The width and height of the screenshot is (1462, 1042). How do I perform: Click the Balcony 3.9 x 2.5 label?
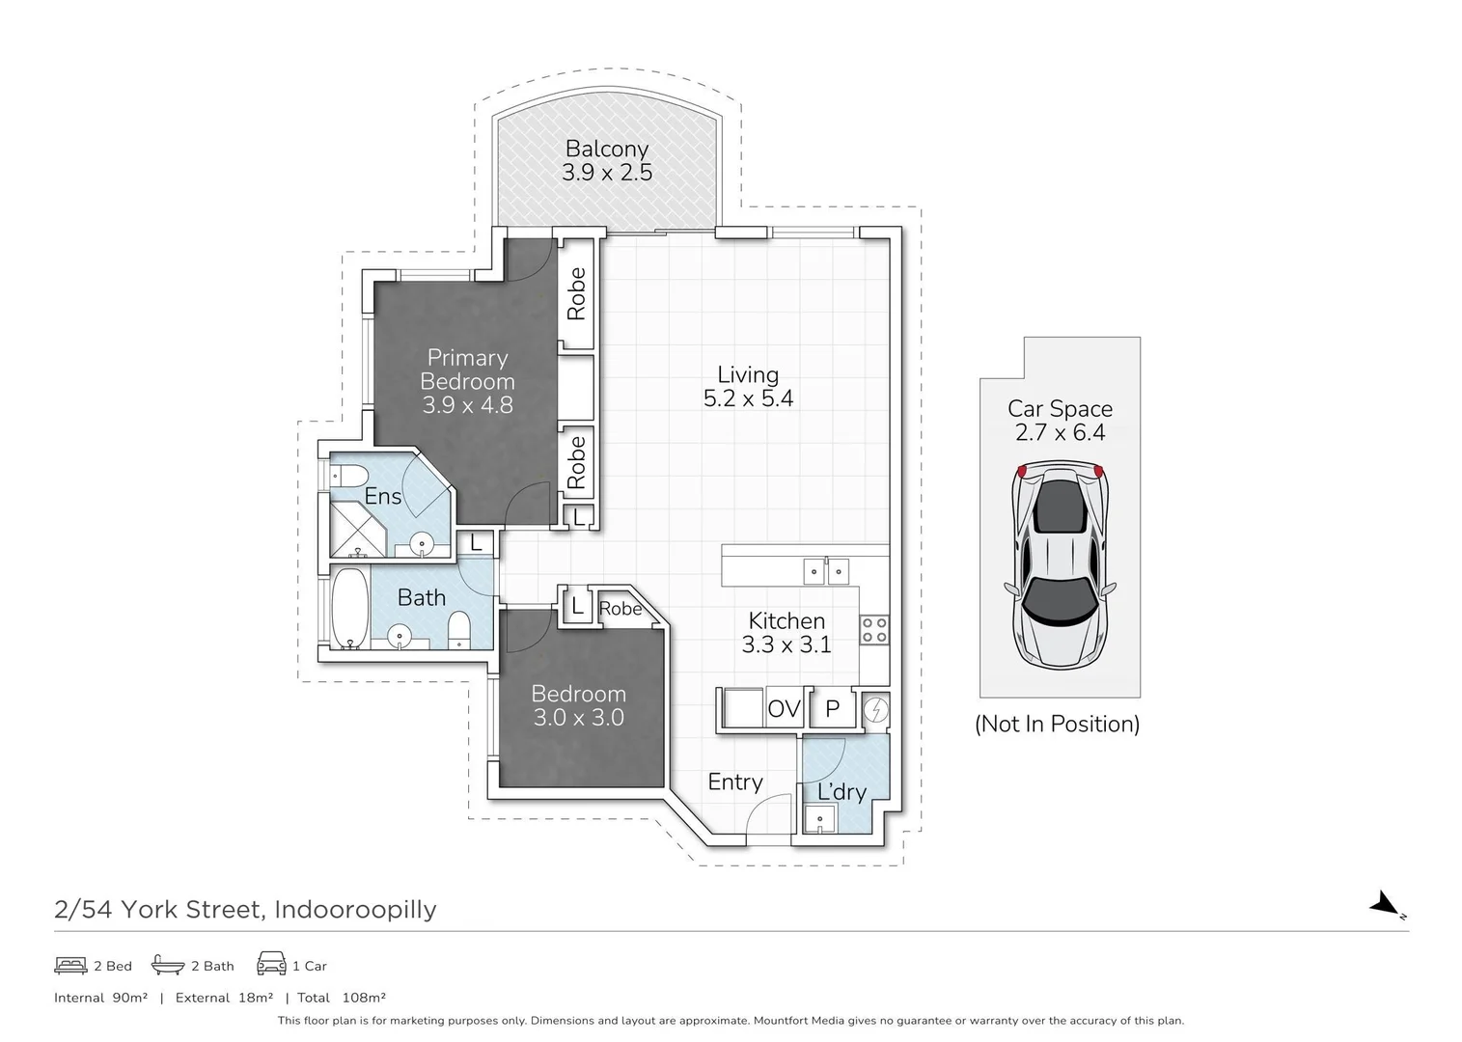coord(607,161)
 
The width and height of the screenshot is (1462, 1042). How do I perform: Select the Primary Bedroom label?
coord(467,370)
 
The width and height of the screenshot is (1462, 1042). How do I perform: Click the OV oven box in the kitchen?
coord(784,710)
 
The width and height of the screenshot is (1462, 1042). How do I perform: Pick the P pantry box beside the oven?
coord(832,710)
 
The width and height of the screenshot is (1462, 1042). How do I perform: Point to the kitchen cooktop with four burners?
coord(874,631)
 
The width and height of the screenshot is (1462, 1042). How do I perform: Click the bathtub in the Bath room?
coord(349,609)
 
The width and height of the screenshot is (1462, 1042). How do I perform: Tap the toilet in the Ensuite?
coord(348,476)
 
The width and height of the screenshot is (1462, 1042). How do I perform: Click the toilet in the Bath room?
coord(459,631)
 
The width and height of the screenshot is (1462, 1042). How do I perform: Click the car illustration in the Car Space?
coord(1059,562)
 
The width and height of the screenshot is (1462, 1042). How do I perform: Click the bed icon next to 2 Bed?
coord(70,965)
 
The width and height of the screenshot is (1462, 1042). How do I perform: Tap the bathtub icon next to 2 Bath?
coord(168,965)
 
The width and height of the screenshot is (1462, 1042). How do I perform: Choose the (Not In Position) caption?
coord(1057,724)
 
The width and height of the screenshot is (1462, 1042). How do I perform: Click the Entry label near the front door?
coord(734,782)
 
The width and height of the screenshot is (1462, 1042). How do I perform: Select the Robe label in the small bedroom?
coord(620,609)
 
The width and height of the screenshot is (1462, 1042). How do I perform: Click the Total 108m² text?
coord(342,998)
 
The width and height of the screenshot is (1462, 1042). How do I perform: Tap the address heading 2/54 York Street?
coord(245,909)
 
